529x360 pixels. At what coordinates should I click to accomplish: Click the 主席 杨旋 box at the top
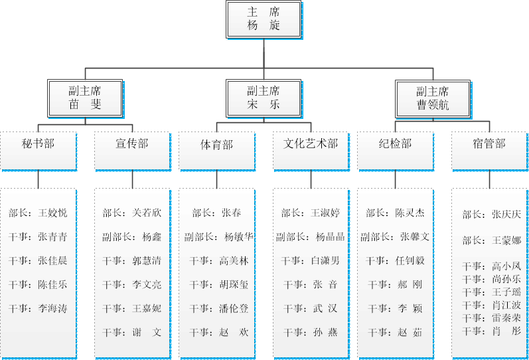point(264,19)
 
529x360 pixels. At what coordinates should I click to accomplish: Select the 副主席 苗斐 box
point(85,98)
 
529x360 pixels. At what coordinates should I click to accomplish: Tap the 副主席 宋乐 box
point(264,98)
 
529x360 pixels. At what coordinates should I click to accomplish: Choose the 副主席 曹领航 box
point(432,98)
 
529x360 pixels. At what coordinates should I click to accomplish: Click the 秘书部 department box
point(38,144)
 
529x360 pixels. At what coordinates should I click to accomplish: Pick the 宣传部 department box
point(131,144)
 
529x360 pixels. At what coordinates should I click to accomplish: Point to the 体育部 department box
point(216,144)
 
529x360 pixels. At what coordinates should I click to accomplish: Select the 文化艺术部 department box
point(311,144)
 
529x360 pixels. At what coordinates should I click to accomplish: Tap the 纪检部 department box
point(395,144)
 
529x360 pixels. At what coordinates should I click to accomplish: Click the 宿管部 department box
point(489,144)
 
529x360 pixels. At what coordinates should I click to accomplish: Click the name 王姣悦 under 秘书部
point(52,213)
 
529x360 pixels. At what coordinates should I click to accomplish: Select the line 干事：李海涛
point(38,309)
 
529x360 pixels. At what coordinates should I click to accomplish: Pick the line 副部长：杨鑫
point(131,237)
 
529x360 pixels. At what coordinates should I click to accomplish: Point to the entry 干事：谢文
point(131,332)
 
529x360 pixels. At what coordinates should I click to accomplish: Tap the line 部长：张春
point(216,213)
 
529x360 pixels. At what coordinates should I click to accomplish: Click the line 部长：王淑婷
point(311,213)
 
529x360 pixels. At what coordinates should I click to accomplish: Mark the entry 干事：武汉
point(311,309)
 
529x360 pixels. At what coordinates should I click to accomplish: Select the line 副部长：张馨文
point(395,237)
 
